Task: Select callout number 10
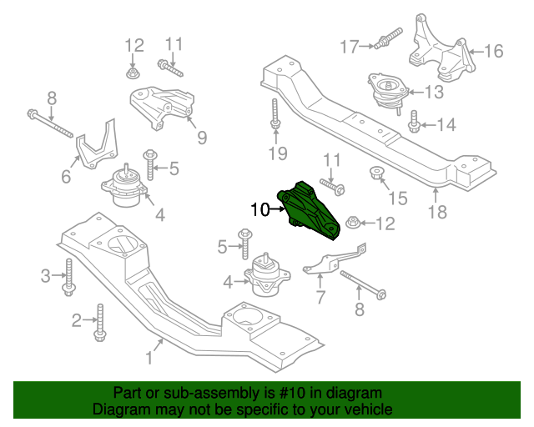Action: click(259, 210)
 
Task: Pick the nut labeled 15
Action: click(376, 174)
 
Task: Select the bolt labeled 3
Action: click(68, 277)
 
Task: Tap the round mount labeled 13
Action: click(386, 94)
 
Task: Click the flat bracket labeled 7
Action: click(334, 260)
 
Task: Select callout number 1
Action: click(149, 359)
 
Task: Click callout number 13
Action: click(434, 92)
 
